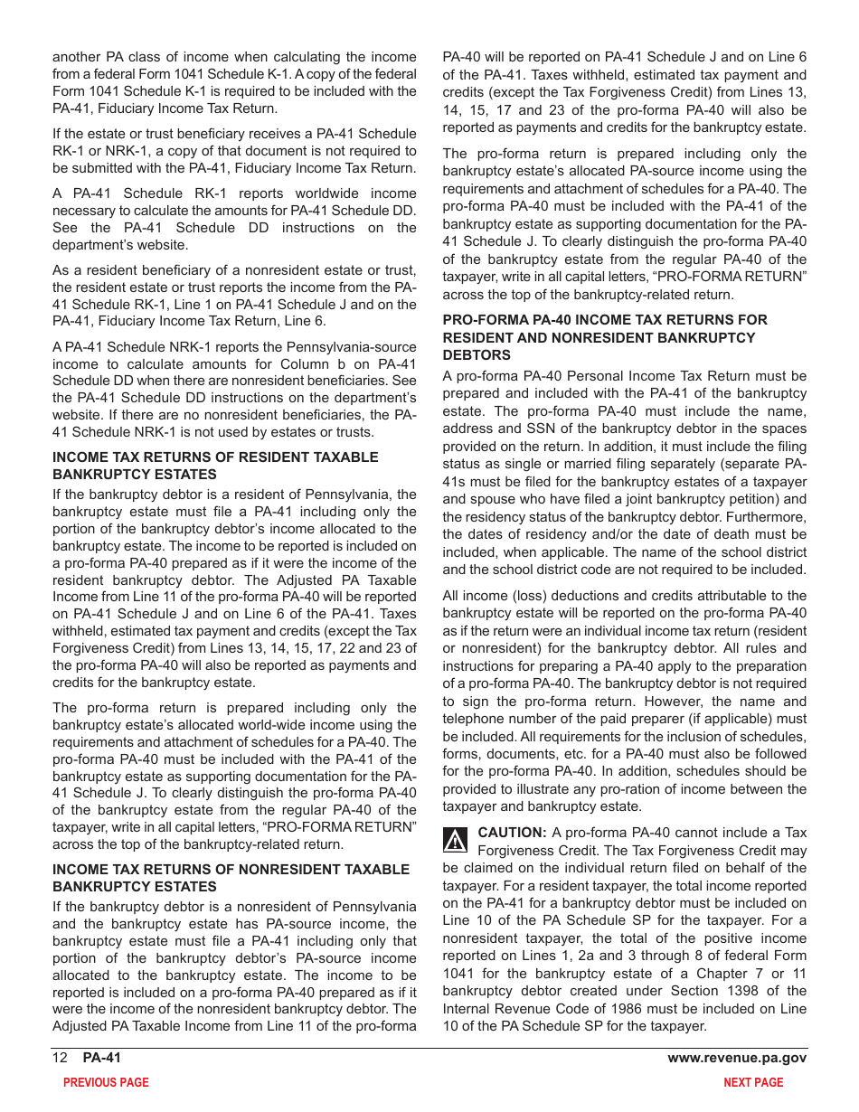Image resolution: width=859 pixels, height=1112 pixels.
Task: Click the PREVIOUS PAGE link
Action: [x=106, y=1082]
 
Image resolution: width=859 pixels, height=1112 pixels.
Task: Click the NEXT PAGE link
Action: [x=753, y=1082]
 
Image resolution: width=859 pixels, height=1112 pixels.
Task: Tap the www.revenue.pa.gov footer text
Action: [x=737, y=1059]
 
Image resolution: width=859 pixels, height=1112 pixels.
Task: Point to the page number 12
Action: [x=60, y=1059]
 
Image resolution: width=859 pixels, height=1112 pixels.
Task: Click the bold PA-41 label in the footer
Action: [x=101, y=1059]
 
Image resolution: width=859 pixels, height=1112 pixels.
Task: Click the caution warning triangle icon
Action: [x=455, y=841]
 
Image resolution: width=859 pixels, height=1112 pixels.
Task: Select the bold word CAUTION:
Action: [x=512, y=833]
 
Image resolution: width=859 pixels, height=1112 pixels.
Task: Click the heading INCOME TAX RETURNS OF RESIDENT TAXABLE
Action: [x=215, y=457]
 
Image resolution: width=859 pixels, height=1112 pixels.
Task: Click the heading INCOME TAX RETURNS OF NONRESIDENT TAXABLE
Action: [x=231, y=870]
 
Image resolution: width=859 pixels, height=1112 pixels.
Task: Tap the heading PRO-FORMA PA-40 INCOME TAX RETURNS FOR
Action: [x=605, y=320]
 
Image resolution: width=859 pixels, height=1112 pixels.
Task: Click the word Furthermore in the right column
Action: [x=762, y=517]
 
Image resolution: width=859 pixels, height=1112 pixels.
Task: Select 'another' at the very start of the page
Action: [x=77, y=57]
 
